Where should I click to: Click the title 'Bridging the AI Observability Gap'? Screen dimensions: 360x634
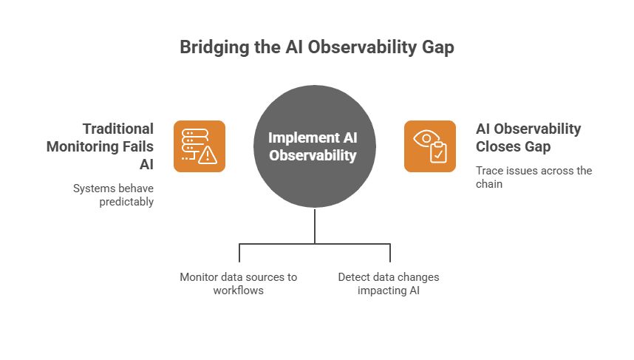316,47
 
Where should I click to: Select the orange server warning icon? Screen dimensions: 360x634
200,146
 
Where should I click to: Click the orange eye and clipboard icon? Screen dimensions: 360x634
430,146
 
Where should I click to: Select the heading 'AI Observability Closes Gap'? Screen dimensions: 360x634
528,137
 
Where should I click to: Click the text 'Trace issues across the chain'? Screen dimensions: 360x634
534,177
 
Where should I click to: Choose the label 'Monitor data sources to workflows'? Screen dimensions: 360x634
238,283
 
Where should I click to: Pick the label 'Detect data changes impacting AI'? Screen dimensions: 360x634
388,283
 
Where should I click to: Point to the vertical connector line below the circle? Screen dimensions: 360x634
316,225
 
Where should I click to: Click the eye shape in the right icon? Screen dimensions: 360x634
425,137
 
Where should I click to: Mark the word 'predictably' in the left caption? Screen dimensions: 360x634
126,201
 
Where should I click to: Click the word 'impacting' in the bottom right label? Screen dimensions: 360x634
381,290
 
